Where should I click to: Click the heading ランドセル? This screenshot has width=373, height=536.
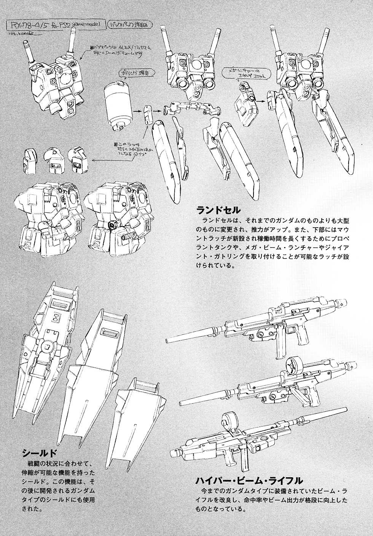218,210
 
